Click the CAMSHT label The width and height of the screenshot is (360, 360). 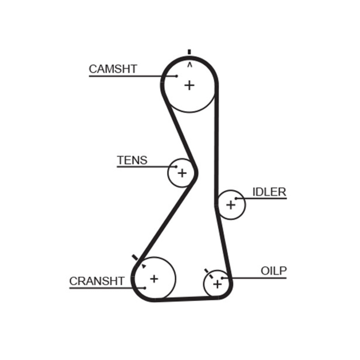[112, 69]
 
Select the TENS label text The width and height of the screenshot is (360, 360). [132, 160]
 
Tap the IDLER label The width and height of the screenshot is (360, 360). [269, 192]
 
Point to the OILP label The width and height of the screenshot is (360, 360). [274, 271]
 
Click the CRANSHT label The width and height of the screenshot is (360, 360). [96, 281]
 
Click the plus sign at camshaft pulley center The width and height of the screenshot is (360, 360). [189, 85]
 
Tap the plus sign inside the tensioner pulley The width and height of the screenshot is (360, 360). [182, 172]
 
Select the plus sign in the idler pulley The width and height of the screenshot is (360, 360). [230, 205]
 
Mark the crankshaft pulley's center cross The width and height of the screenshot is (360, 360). [154, 279]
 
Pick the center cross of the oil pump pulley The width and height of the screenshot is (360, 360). [217, 284]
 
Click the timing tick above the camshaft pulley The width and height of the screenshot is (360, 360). [189, 52]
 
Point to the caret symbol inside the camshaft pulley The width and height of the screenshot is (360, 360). [189, 65]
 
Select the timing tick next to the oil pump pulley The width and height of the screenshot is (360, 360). [206, 271]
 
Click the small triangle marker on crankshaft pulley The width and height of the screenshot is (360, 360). [144, 266]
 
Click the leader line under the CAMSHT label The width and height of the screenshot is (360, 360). [126, 76]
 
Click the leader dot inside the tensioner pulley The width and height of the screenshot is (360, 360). [176, 167]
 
